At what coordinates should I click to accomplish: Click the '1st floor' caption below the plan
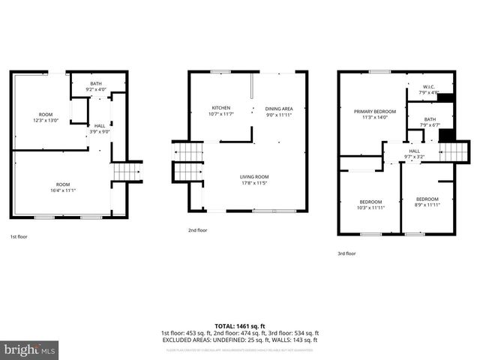(x=19, y=236)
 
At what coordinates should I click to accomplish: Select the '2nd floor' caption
(x=197, y=230)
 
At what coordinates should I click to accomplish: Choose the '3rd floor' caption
(x=346, y=253)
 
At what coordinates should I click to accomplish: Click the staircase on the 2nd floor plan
(x=188, y=162)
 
